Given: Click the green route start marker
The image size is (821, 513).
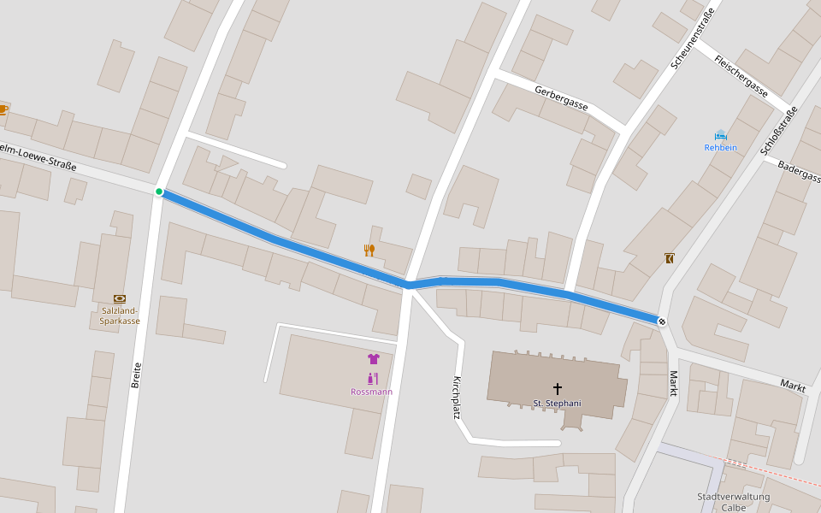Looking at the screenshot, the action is pos(159,192).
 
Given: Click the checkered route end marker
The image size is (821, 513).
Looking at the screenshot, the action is pos(662,321).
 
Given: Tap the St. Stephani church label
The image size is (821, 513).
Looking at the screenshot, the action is pos(557,403).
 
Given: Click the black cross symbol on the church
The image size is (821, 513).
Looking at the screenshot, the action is pos(558,388).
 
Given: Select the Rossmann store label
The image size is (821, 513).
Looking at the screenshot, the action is pos(372,392).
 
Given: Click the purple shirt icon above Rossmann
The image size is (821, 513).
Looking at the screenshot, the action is pos(373,359).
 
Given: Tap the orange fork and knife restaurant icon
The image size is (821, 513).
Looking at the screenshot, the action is pos(369,250).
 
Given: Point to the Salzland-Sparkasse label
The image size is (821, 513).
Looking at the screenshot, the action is pos(120,315).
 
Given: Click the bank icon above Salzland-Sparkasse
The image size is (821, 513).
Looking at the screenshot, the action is pos(120,298).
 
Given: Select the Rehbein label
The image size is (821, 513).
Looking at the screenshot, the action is pos(720,147).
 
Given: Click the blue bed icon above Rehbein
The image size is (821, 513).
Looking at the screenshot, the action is pos(720,134).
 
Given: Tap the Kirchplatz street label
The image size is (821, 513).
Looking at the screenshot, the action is pos(457,398).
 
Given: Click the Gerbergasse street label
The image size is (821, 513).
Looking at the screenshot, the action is pos(562,97).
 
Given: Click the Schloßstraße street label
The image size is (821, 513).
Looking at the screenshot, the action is pos(779,131).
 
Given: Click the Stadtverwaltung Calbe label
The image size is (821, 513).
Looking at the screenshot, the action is pos(733,502).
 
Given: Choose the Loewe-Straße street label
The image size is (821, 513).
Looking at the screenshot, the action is pos(38,156).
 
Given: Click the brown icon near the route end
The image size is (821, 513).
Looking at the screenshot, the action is pos(669,257).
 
